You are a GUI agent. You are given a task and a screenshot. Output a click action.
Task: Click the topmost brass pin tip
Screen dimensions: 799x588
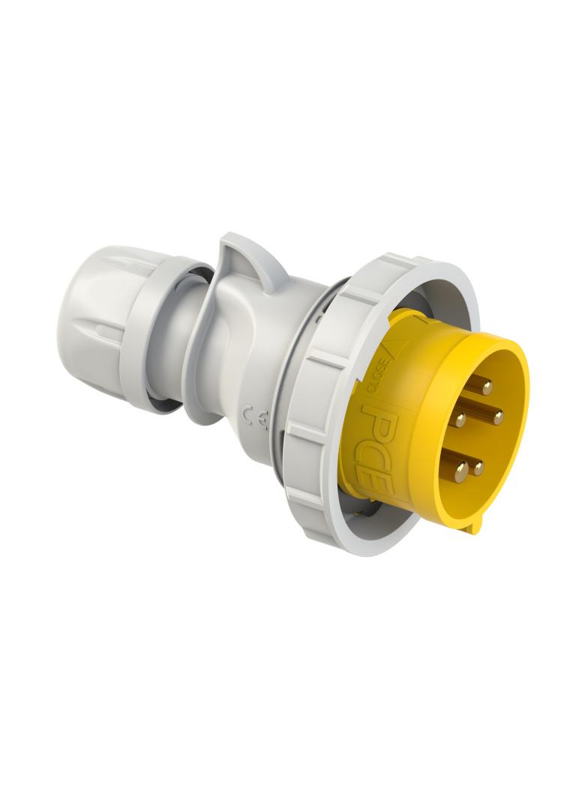(487, 387)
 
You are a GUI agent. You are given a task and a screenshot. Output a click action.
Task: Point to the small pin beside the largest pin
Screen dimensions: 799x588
(478, 468)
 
